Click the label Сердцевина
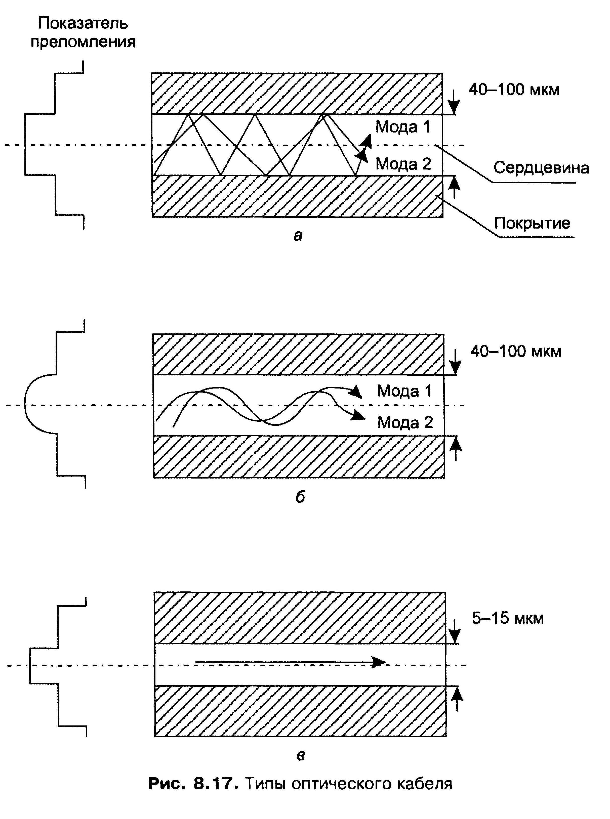click(541, 168)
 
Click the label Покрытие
click(532, 223)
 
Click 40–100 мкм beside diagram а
click(514, 90)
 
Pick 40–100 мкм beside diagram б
click(515, 351)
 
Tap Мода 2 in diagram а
click(403, 163)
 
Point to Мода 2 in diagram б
click(405, 422)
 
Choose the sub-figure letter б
click(300, 497)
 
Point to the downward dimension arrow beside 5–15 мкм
click(455, 632)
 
